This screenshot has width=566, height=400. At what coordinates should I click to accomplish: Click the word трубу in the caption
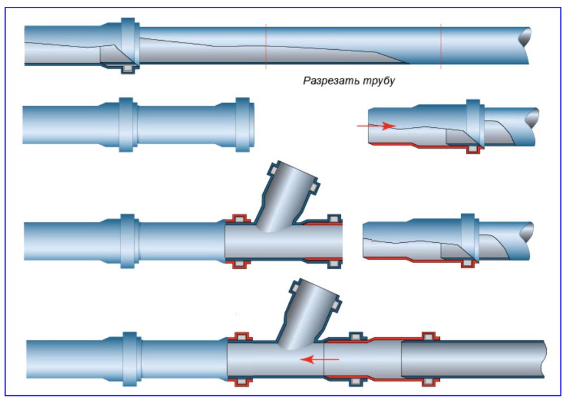click(378, 81)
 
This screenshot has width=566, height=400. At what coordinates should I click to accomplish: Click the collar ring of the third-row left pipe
click(128, 240)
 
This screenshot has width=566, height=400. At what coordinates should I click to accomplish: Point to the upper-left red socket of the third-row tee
click(238, 218)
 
